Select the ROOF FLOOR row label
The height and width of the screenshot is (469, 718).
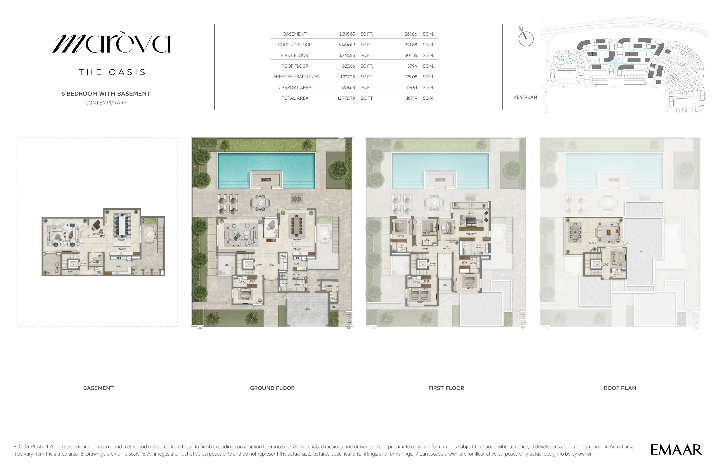[295, 66]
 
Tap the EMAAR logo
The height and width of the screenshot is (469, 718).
[676, 450]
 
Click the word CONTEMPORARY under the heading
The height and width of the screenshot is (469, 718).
[106, 103]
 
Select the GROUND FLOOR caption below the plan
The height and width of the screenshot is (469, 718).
[272, 388]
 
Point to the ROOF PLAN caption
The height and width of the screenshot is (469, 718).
[620, 388]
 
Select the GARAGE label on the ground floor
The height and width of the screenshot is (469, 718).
[307, 308]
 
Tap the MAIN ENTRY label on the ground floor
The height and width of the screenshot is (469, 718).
[271, 280]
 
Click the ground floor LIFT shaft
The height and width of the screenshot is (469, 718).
[249, 264]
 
